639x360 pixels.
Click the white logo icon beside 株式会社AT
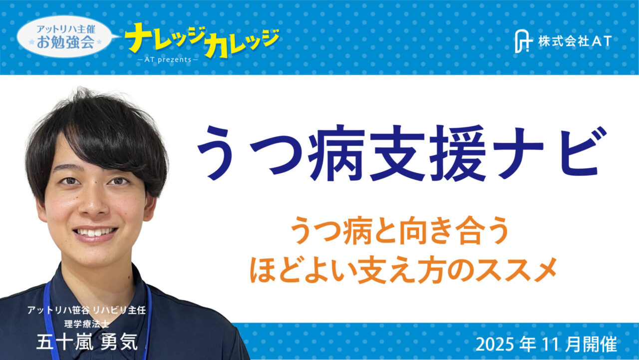523,41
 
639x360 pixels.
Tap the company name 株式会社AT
575,41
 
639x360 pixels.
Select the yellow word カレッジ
243,43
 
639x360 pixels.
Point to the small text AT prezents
168,59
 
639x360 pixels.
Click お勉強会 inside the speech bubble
65,42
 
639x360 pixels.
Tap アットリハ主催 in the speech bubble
66,29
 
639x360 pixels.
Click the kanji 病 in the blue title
336,153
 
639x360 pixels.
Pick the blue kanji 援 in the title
458,153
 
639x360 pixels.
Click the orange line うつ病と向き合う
399,231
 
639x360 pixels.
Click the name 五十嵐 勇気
87,342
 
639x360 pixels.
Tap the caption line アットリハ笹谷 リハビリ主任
86,310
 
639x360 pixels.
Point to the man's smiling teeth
95,232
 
